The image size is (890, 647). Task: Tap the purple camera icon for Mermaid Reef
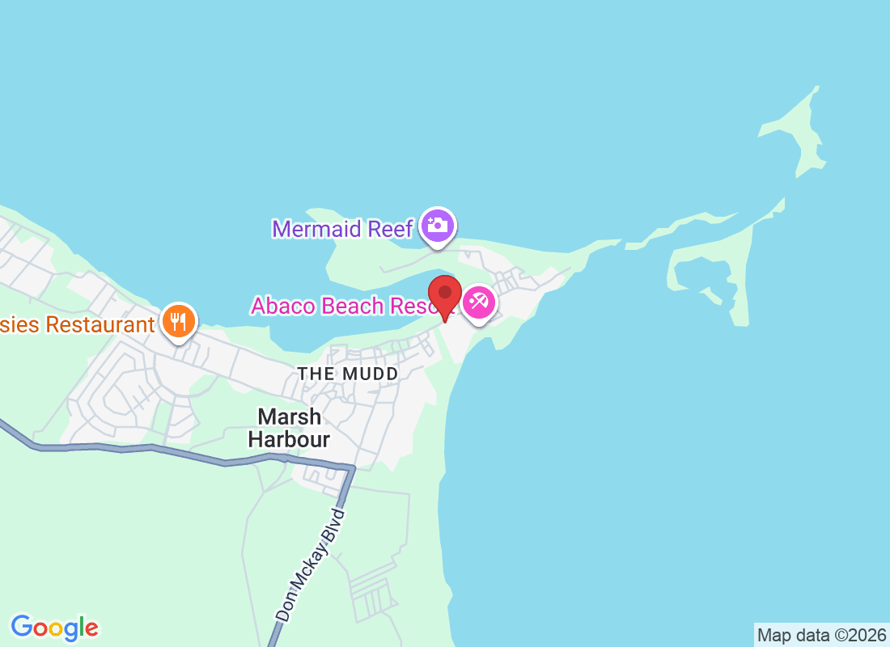point(438,225)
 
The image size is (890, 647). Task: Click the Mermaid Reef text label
point(343,229)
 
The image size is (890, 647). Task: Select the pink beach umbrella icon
point(478,302)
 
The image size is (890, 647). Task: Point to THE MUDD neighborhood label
point(348,374)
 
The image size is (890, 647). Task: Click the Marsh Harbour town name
point(289,429)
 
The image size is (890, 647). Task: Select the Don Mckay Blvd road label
point(311,565)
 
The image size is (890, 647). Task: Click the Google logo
point(55,627)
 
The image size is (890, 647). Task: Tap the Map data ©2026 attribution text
point(821,635)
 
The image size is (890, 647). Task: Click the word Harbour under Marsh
point(289,440)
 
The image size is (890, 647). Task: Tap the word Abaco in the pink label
point(283,306)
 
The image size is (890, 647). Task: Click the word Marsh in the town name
point(289,417)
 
